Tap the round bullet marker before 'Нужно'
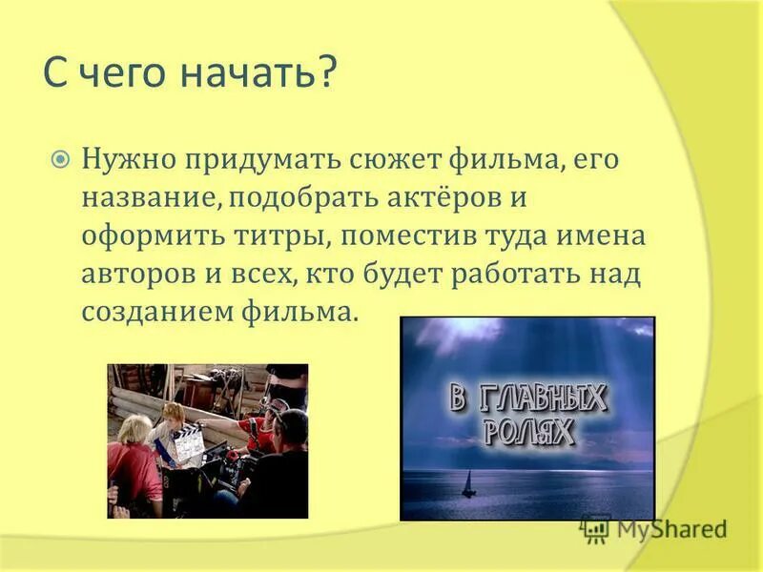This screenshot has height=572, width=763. pos(60,159)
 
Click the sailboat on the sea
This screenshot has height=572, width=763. pos(468,487)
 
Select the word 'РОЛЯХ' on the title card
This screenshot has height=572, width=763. pos(528,431)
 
